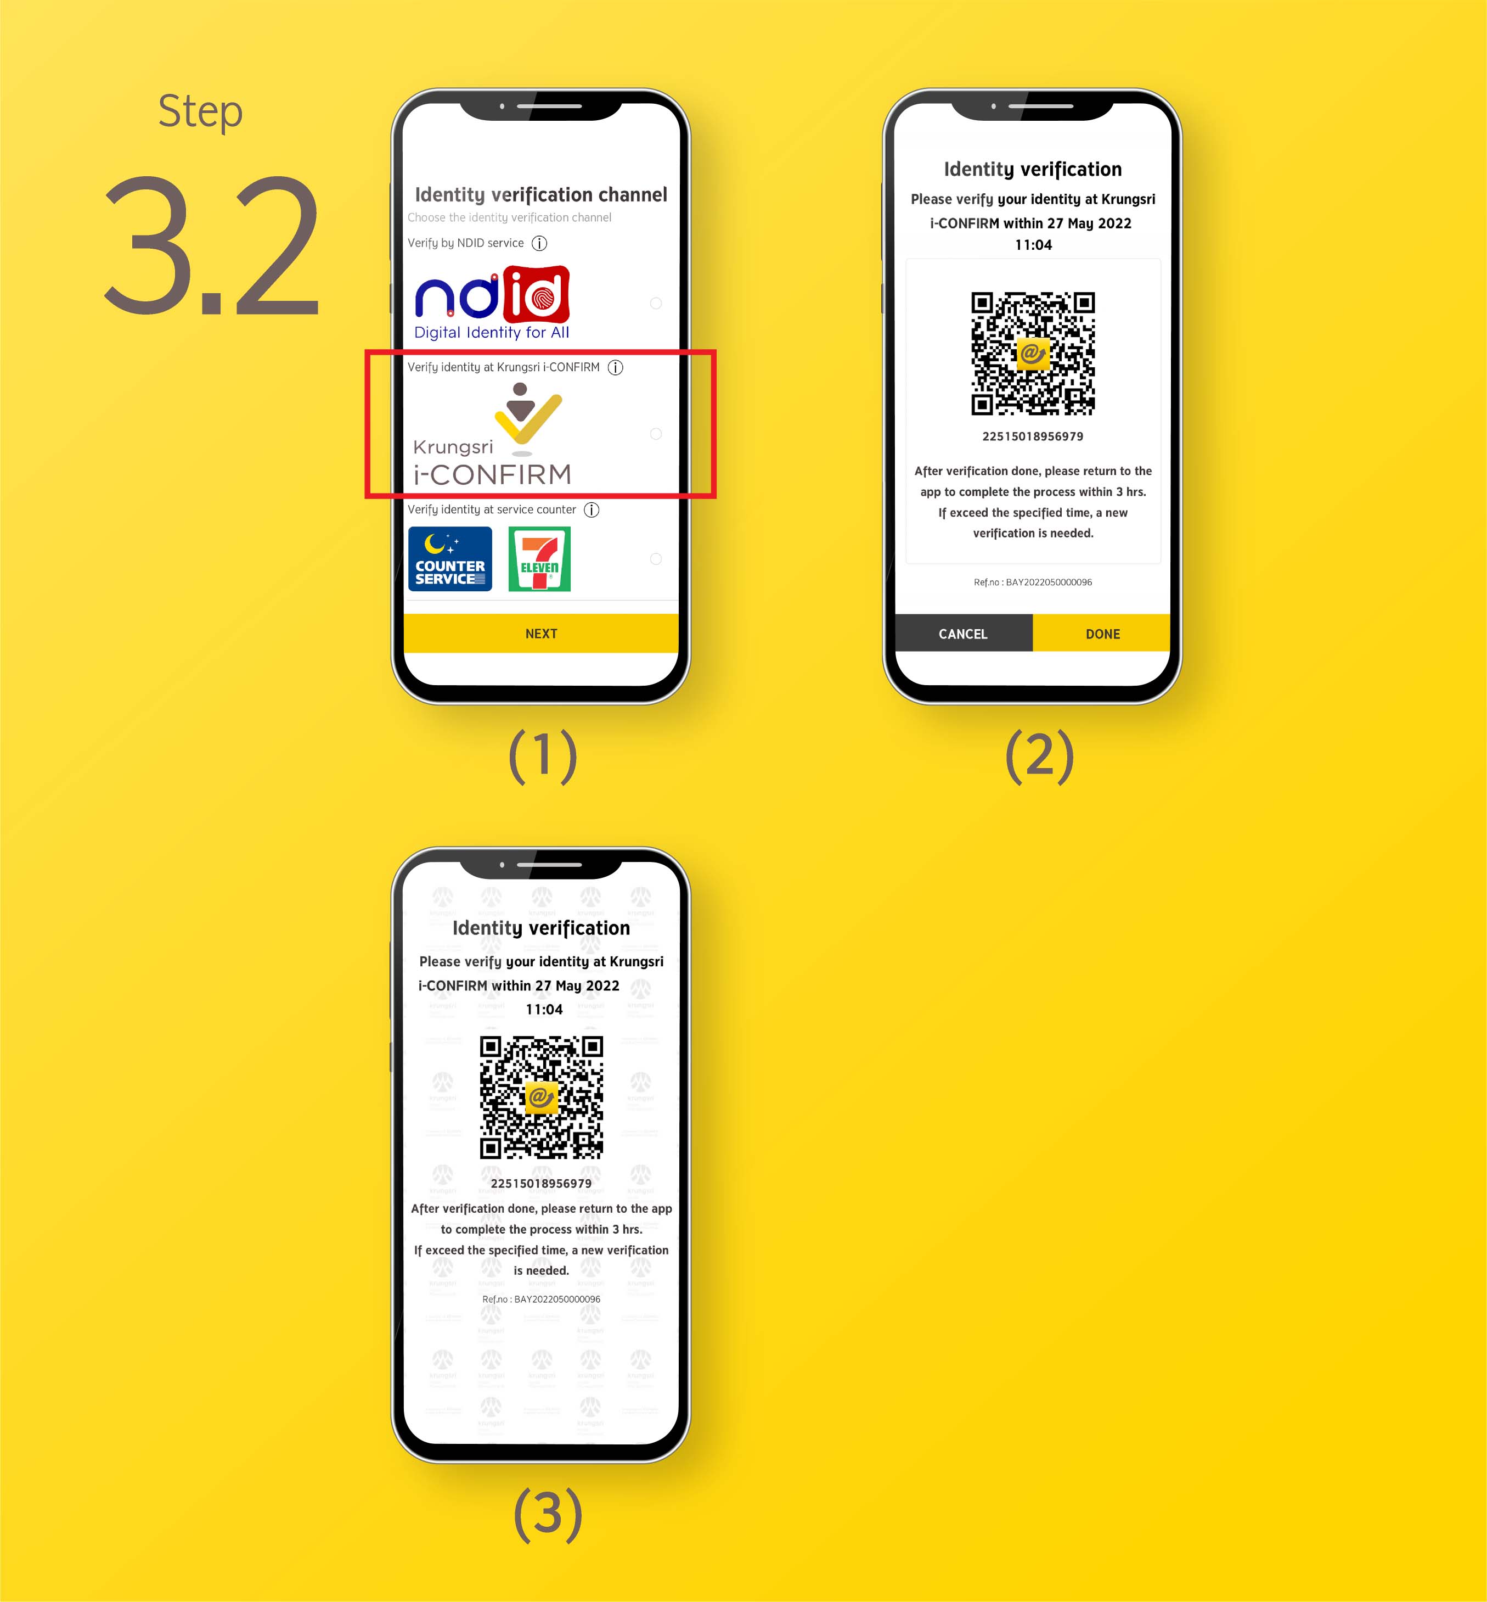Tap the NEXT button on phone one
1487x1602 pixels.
point(540,634)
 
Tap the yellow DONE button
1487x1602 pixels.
point(1102,634)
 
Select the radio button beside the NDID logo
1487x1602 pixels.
point(656,304)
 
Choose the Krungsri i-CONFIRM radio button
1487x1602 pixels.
point(656,434)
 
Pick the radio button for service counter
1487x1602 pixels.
point(656,559)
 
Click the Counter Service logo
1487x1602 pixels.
point(450,559)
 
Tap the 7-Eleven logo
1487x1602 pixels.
point(539,559)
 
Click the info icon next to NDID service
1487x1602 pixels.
point(540,243)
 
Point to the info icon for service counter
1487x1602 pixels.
point(592,509)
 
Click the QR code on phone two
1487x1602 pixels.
point(1033,354)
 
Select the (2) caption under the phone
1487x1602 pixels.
point(1040,755)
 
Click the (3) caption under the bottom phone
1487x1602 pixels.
point(548,1514)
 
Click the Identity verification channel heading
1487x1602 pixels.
point(540,195)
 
